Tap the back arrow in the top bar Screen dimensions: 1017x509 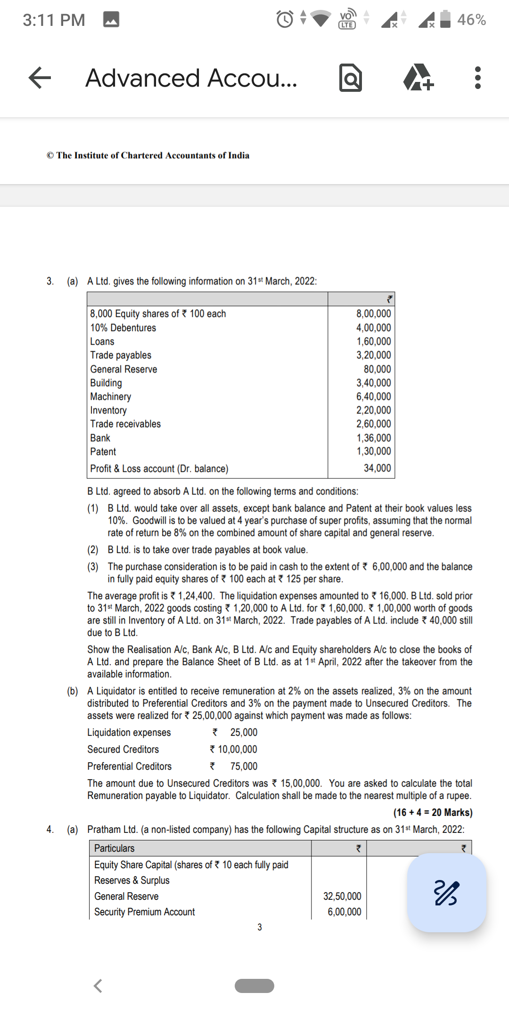tap(40, 78)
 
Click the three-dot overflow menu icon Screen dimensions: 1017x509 tap(477, 78)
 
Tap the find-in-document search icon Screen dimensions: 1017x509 tap(351, 78)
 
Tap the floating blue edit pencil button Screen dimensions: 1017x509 tap(446, 892)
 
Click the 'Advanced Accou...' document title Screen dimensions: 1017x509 tap(191, 78)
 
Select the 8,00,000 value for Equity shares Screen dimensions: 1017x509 tap(373, 314)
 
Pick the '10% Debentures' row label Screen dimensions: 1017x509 tap(123, 328)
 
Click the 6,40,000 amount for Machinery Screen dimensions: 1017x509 tap(373, 396)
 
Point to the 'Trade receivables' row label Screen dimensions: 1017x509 tap(125, 424)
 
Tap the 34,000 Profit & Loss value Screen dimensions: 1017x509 tap(377, 468)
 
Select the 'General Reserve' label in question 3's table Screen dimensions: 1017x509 tap(123, 369)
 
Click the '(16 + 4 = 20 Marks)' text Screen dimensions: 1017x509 tap(433, 812)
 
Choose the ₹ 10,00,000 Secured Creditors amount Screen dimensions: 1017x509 tap(234, 749)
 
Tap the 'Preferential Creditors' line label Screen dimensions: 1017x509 tap(129, 766)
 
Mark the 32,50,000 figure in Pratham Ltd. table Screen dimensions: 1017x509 tap(342, 896)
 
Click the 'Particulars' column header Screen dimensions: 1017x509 tap(114, 848)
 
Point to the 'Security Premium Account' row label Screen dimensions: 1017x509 tap(144, 912)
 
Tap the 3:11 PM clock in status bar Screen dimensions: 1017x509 tap(54, 20)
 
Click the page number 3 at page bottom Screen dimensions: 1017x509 tap(260, 927)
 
